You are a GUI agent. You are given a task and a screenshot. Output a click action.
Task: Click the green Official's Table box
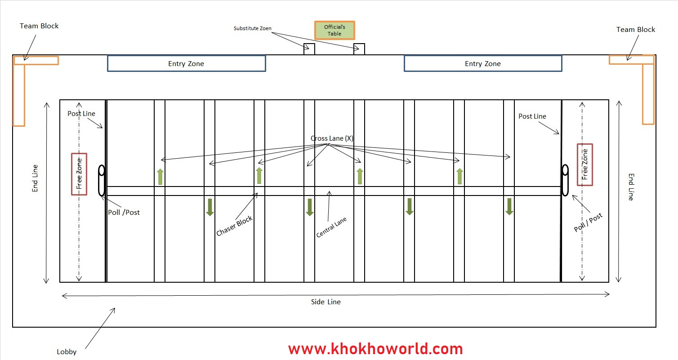click(335, 31)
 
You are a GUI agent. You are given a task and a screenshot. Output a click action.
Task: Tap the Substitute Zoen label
click(252, 28)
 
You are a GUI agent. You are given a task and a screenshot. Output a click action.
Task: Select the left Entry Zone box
click(186, 64)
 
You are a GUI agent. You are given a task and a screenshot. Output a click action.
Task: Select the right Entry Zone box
click(483, 64)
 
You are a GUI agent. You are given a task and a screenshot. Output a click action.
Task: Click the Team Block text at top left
click(39, 26)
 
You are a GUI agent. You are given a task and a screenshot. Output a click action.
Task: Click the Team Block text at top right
click(635, 30)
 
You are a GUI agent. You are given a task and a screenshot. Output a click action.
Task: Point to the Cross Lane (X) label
click(332, 138)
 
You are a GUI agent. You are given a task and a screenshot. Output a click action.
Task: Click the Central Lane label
click(331, 227)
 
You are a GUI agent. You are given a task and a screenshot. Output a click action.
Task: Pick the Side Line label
click(326, 302)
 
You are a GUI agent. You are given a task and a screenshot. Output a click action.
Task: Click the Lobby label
click(67, 352)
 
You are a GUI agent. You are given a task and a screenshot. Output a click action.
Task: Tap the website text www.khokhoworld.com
click(375, 349)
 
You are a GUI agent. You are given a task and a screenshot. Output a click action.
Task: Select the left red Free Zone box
click(79, 174)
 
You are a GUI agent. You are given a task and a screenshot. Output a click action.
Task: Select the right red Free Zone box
click(585, 164)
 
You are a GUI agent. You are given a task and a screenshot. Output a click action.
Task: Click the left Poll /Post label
click(124, 212)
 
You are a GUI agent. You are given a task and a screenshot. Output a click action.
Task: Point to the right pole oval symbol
click(565, 180)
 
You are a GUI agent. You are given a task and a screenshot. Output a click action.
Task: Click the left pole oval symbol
click(102, 181)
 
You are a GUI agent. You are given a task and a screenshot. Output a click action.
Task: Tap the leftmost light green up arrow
click(160, 177)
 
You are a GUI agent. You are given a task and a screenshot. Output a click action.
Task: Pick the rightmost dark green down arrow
click(509, 207)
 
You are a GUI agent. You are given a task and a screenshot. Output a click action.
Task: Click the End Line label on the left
click(35, 178)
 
